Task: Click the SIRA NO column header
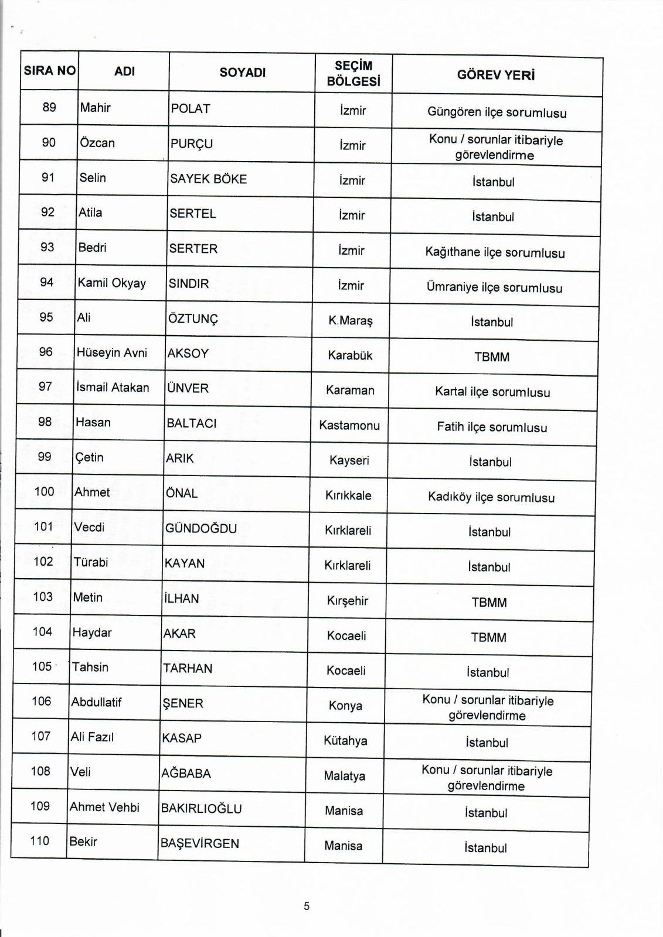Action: click(x=50, y=71)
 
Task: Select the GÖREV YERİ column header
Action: click(x=496, y=75)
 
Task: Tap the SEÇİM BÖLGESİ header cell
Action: click(x=353, y=74)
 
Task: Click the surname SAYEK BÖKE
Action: click(x=208, y=179)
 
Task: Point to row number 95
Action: click(x=46, y=317)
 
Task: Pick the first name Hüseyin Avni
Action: click(x=112, y=353)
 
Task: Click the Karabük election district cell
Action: click(x=351, y=355)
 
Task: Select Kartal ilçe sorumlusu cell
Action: click(x=492, y=392)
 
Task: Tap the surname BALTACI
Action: click(x=192, y=423)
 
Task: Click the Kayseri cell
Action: click(x=349, y=460)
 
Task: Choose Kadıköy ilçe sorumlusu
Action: click(x=491, y=497)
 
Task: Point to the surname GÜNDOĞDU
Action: click(x=201, y=528)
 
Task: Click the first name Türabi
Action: click(x=91, y=562)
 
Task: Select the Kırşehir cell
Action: click(x=348, y=601)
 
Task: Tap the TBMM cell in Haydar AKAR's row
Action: click(x=489, y=637)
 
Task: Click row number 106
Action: click(x=42, y=701)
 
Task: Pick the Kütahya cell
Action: click(x=345, y=741)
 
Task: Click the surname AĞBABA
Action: click(x=186, y=773)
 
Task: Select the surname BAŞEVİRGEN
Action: click(x=200, y=843)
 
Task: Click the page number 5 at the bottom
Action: click(x=307, y=906)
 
